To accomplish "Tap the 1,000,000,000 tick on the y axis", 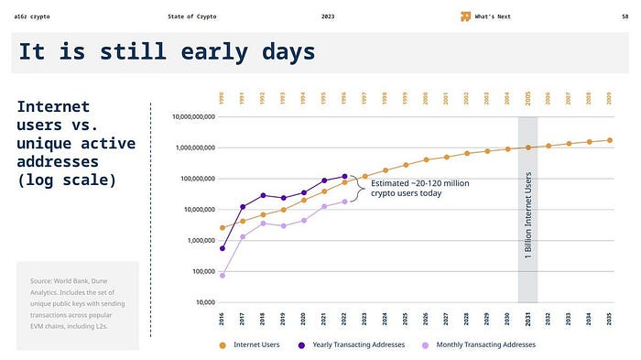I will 189,147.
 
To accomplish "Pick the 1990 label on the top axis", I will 223,98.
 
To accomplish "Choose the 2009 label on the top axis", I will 610,98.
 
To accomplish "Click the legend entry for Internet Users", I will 252,344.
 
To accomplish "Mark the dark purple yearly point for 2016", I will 223,248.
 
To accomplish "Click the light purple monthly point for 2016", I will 223,275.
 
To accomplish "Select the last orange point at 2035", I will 610,140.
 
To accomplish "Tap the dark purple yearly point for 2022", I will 345,176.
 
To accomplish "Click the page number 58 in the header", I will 624,16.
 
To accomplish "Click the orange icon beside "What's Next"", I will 465,16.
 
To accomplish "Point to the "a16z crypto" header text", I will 34,16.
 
